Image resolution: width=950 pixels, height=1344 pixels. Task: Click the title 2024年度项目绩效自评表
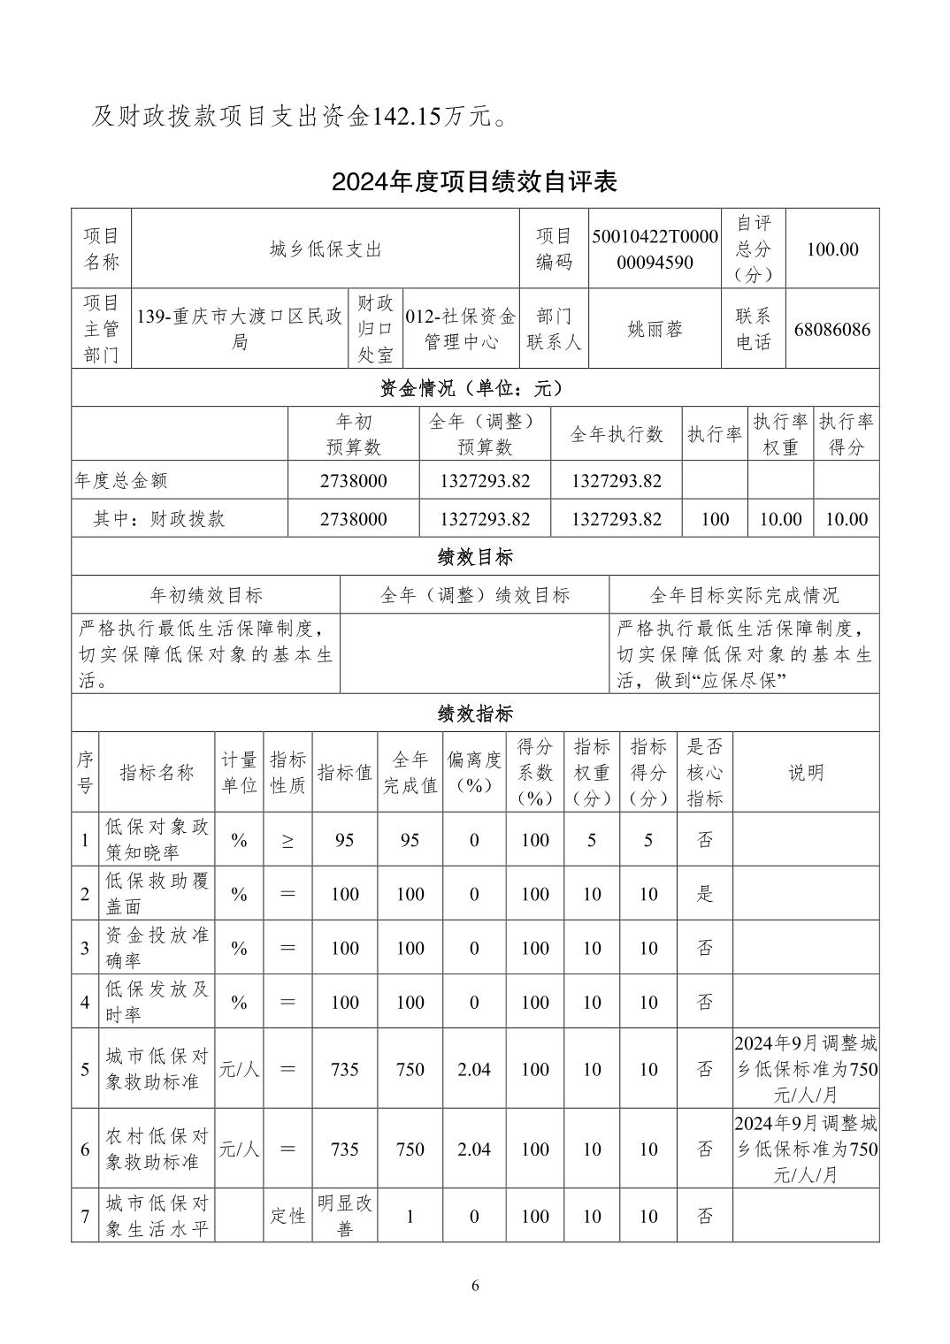coord(474,181)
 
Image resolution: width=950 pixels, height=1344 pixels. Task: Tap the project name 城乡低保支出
coord(325,249)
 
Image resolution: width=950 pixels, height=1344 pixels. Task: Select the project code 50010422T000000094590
coord(655,249)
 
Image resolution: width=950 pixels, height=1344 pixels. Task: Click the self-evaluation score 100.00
coord(831,249)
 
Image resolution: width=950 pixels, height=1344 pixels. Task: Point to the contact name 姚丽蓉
coord(655,329)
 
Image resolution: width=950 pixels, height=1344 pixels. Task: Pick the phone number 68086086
coord(831,330)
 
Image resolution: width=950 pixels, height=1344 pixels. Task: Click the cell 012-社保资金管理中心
coord(460,329)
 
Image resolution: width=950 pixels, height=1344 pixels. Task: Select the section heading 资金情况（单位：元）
coord(474,388)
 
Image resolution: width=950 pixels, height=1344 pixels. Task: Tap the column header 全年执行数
coord(616,434)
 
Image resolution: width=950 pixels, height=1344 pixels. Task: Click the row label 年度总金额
coord(121,481)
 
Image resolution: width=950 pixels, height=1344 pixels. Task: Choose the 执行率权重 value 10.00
coord(780,519)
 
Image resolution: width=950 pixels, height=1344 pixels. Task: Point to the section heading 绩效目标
coord(474,557)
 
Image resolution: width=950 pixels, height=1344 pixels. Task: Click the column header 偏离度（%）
coord(474,772)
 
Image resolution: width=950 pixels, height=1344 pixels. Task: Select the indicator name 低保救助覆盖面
coord(157,894)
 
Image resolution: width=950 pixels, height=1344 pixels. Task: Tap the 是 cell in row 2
coord(704,894)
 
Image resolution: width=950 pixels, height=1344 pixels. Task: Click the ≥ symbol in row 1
coord(287,840)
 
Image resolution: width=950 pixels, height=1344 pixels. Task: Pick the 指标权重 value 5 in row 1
coord(591,840)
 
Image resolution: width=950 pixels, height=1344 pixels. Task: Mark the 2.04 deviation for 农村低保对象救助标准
coord(474,1149)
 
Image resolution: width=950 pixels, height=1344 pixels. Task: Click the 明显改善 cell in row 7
coord(345,1216)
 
